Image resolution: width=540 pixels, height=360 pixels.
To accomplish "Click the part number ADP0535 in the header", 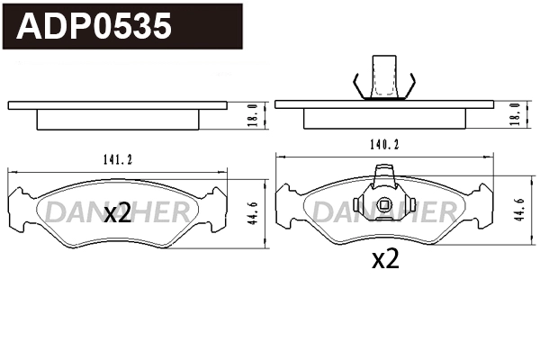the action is (94, 26).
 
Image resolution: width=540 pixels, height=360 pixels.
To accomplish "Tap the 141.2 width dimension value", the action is (118, 159).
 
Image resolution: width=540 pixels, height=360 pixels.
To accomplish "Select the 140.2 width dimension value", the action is (384, 145).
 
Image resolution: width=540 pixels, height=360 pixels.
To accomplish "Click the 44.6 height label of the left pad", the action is (254, 213).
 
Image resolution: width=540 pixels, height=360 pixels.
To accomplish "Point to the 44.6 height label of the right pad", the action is (520, 210).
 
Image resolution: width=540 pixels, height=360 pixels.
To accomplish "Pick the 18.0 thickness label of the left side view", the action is (254, 115).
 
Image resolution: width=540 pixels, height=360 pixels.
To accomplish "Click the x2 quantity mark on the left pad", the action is (118, 213).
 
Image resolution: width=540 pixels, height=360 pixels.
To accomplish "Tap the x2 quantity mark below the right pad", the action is (385, 259).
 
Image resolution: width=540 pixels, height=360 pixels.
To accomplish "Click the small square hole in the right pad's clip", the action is (384, 205).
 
